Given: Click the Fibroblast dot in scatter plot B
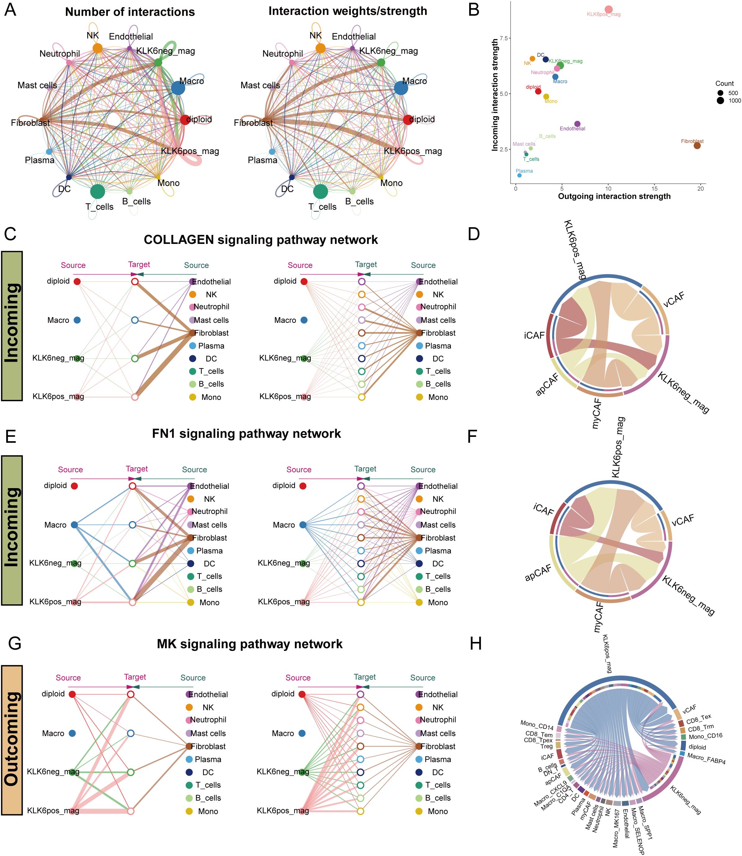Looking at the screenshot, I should point(697,145).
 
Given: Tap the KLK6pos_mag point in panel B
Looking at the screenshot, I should point(608,10).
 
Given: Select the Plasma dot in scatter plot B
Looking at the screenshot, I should point(519,175).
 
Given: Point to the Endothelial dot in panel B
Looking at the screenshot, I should point(577,124).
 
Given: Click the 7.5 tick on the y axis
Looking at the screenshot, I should point(503,38).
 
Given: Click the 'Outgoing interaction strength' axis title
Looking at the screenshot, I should point(614,196).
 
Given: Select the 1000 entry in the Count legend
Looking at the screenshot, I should point(735,101).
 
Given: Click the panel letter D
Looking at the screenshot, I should point(474,234).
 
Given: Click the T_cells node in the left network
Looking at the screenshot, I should point(97,191).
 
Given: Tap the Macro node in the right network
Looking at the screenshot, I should point(401,88).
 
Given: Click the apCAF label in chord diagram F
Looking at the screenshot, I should point(538,573).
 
